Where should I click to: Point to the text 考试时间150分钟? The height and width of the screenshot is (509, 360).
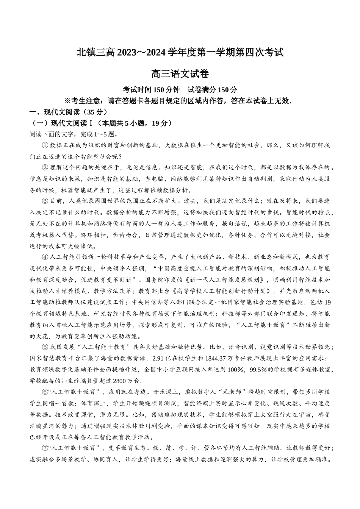151,90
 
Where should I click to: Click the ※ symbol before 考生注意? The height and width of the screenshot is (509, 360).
68,101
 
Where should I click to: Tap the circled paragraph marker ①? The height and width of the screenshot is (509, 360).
45,145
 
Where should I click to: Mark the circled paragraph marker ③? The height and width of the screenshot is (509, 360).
45,201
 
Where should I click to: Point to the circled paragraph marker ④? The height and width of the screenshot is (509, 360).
45,257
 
